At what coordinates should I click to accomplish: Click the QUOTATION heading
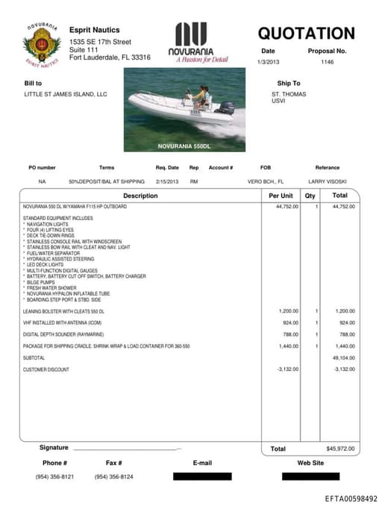[306, 34]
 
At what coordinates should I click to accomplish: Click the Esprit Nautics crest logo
[42, 44]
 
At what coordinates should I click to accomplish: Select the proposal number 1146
[327, 63]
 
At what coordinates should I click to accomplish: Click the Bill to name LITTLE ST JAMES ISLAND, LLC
[66, 95]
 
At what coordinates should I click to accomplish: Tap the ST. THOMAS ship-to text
[289, 95]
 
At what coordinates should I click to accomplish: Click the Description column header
[140, 196]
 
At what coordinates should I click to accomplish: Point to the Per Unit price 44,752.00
[286, 206]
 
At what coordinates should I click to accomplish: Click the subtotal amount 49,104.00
[344, 358]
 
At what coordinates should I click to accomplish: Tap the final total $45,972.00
[342, 449]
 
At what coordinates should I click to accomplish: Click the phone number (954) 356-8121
[54, 477]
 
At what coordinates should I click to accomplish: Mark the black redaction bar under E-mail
[202, 476]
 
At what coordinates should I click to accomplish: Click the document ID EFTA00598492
[351, 498]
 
